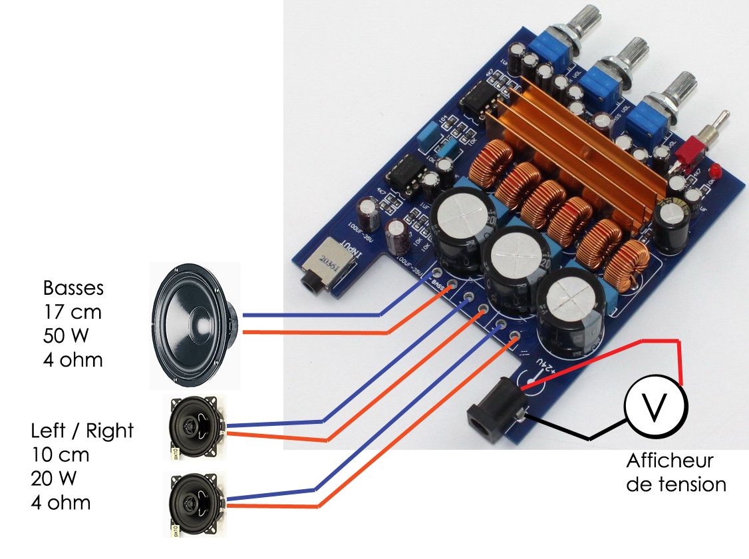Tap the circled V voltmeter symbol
coord(655,407)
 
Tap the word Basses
coord(73,288)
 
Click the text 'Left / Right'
coord(82,431)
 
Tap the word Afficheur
coord(670,461)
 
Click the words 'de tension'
coord(676,484)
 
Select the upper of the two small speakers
coord(196,427)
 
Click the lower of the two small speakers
coord(196,504)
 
